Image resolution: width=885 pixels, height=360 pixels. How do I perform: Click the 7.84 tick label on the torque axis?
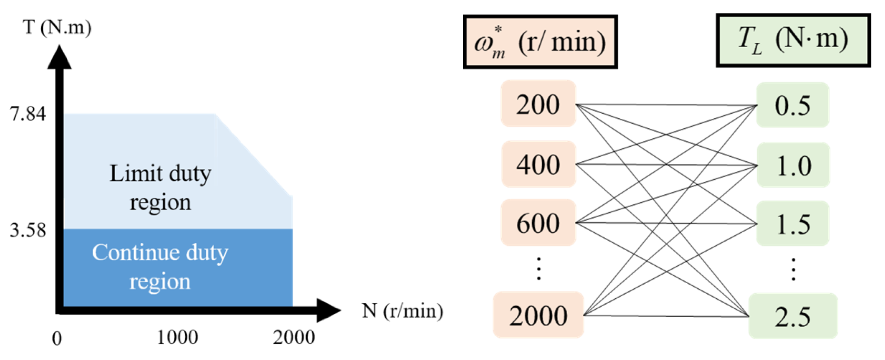pyautogui.click(x=28, y=114)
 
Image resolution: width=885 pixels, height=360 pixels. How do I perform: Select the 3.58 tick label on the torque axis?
pyautogui.click(x=28, y=230)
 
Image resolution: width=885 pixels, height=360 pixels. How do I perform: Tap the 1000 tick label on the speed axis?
pyautogui.click(x=178, y=338)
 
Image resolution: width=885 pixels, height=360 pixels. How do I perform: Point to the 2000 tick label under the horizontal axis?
pyautogui.click(x=294, y=338)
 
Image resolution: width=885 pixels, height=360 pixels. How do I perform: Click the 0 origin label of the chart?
pyautogui.click(x=57, y=338)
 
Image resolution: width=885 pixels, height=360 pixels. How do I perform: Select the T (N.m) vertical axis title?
pyautogui.click(x=57, y=27)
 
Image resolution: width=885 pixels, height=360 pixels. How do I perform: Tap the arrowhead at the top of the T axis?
pyautogui.click(x=60, y=57)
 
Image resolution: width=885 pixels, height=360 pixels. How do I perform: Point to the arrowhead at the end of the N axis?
pyautogui.click(x=328, y=311)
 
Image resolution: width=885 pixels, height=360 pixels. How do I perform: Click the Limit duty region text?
pyautogui.click(x=160, y=188)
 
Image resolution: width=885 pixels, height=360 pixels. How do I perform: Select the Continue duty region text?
pyautogui.click(x=160, y=266)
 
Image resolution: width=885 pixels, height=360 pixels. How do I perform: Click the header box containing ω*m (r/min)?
pyautogui.click(x=540, y=42)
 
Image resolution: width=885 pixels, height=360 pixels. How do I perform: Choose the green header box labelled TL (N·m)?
pyautogui.click(x=793, y=40)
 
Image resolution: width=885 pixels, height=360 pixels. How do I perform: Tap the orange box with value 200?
pyautogui.click(x=538, y=104)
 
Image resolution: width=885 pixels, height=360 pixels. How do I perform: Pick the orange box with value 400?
pyautogui.click(x=538, y=164)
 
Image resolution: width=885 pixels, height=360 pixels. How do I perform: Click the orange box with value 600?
pyautogui.click(x=538, y=223)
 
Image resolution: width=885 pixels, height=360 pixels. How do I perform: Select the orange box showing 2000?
pyautogui.click(x=538, y=315)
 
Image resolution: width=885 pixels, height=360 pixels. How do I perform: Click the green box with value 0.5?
pyautogui.click(x=792, y=105)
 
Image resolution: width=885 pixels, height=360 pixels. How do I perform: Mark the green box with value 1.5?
pyautogui.click(x=792, y=224)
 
